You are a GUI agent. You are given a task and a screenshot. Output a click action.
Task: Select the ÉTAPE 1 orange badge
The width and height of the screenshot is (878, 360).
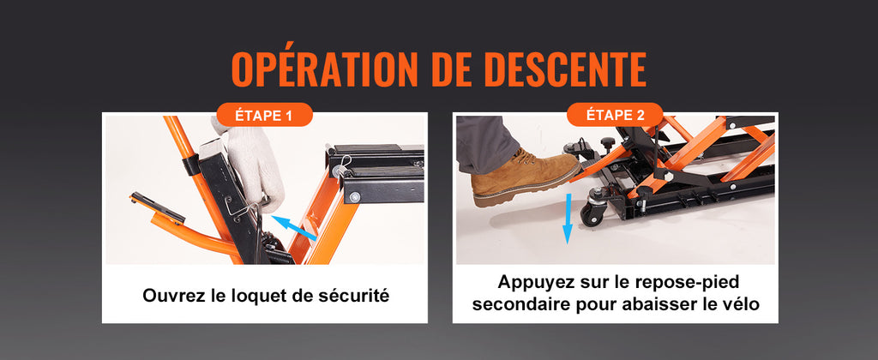click(x=264, y=116)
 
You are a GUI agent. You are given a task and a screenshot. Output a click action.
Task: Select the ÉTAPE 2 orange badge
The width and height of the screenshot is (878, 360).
click(x=615, y=115)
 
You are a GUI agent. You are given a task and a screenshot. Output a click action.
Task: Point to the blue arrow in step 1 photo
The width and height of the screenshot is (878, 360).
click(x=295, y=227)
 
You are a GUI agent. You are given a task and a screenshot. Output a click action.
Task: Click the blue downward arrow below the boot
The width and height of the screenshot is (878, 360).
click(x=568, y=219)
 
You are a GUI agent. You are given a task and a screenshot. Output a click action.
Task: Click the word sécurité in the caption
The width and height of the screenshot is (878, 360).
click(x=355, y=295)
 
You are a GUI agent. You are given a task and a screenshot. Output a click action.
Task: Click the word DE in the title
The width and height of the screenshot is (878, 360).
click(x=449, y=69)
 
